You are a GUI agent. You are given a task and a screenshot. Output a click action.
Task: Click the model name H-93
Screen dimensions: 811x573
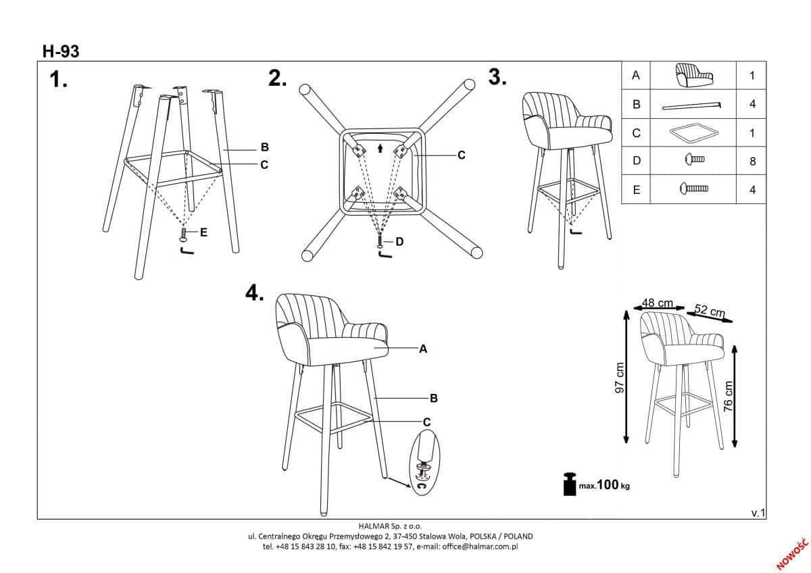pos(61,51)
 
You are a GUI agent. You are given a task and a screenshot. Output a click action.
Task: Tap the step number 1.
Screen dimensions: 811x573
pos(58,80)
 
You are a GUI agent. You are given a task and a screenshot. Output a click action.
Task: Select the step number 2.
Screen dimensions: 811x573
pos(277,78)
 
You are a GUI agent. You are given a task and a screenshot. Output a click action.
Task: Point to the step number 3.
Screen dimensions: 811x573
pos(497,77)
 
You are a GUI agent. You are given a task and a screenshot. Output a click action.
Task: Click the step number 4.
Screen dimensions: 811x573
pos(255,293)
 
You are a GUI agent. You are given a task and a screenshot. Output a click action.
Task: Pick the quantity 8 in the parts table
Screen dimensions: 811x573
pos(752,161)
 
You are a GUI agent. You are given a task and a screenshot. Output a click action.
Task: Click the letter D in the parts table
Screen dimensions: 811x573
pos(637,161)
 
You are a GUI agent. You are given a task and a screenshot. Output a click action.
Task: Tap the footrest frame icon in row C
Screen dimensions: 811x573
pos(693,132)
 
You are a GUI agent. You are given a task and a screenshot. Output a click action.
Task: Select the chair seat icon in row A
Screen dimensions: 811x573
pos(693,75)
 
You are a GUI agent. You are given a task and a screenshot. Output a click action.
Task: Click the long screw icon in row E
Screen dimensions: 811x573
pos(694,189)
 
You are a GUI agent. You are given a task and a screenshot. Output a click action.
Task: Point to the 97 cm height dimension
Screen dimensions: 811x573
pos(620,378)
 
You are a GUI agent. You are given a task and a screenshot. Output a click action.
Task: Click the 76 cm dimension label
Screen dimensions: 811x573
pos(728,396)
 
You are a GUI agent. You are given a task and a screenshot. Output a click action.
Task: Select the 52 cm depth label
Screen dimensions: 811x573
pos(710,311)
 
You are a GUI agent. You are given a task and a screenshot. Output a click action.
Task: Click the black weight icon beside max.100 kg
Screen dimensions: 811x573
pos(570,484)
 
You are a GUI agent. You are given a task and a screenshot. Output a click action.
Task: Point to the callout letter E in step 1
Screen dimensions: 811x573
pos(204,232)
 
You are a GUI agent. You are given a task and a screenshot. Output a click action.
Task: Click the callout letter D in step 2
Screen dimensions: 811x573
pos(399,242)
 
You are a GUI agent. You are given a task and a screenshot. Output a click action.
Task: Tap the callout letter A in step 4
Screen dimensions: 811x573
pos(423,349)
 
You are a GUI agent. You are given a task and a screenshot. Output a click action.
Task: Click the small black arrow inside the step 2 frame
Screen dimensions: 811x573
pos(380,149)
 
